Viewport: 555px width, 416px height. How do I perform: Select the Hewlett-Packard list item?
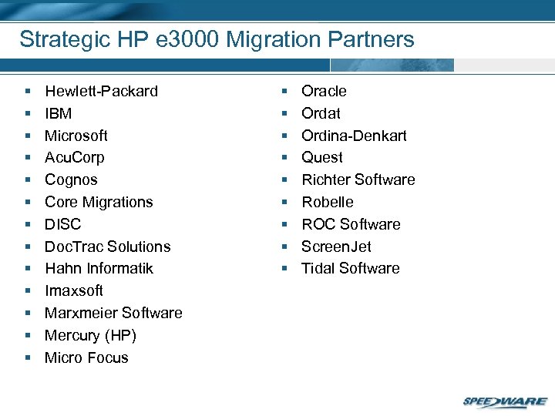[x=101, y=91]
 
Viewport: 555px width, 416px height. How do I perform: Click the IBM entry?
[x=58, y=113]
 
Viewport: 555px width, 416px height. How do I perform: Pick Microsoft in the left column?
[x=76, y=136]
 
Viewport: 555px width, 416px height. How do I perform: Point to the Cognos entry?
[x=71, y=179]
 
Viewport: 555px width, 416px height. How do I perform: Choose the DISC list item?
[x=62, y=224]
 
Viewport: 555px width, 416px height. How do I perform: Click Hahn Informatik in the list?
[x=99, y=268]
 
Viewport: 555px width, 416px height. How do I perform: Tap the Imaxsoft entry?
[x=73, y=290]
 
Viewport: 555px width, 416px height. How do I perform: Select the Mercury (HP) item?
[x=90, y=335]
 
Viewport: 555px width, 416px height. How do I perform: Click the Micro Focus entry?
[x=86, y=357]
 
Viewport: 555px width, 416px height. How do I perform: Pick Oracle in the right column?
[x=324, y=91]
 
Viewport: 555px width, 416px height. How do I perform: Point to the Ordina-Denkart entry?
[x=354, y=136]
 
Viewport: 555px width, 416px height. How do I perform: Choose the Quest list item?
[x=322, y=157]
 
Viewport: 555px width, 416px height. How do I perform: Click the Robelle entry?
[x=328, y=202]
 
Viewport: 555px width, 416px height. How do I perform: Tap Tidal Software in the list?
[x=350, y=268]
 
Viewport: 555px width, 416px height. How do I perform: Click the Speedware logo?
[x=504, y=401]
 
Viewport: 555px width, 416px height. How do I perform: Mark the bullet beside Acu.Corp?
[x=28, y=158]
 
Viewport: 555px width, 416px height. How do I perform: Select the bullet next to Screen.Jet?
[x=284, y=247]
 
